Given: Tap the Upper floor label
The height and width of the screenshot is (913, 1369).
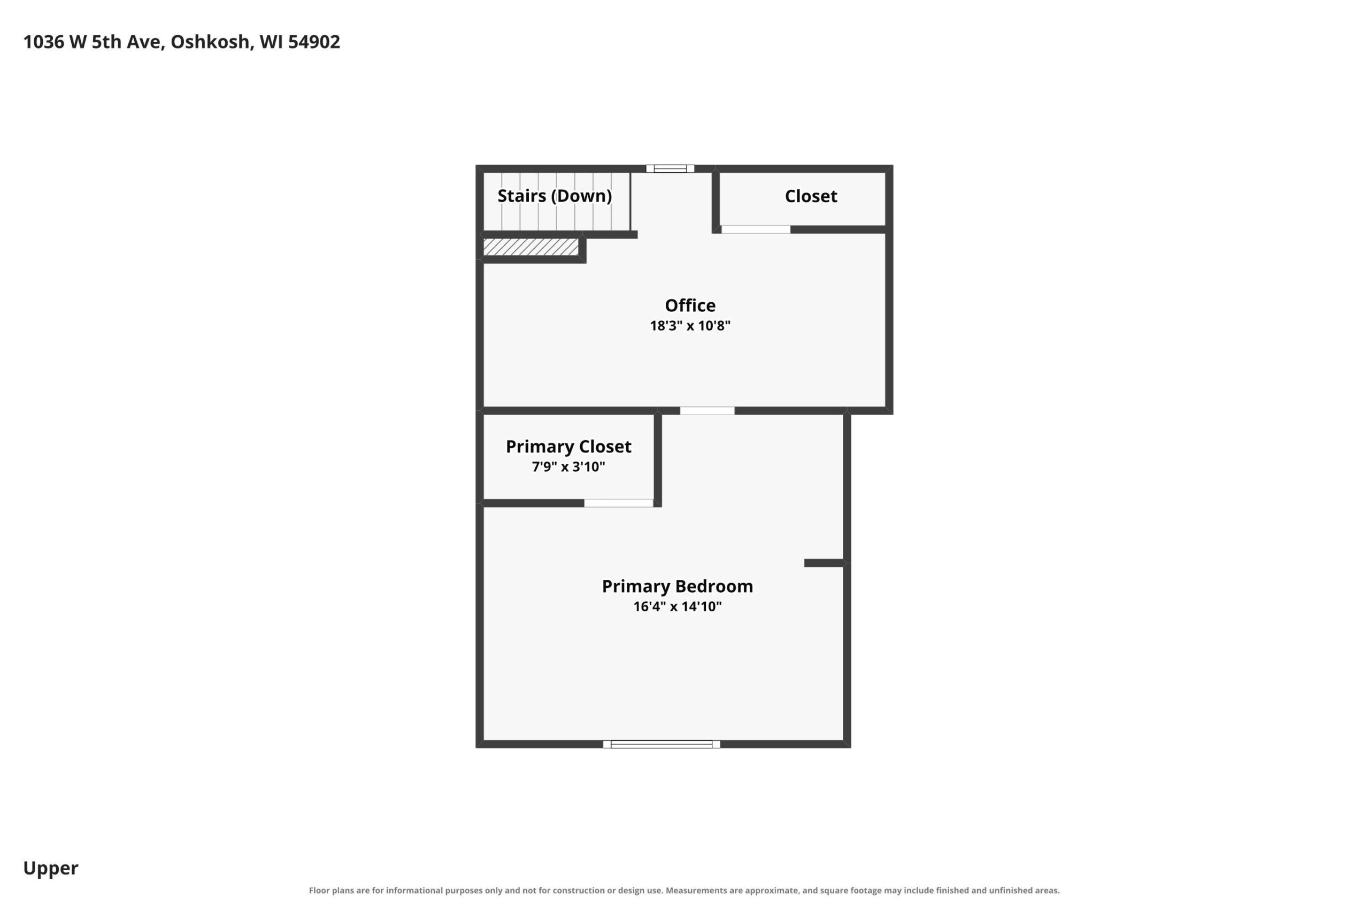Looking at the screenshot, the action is pos(51,868).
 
